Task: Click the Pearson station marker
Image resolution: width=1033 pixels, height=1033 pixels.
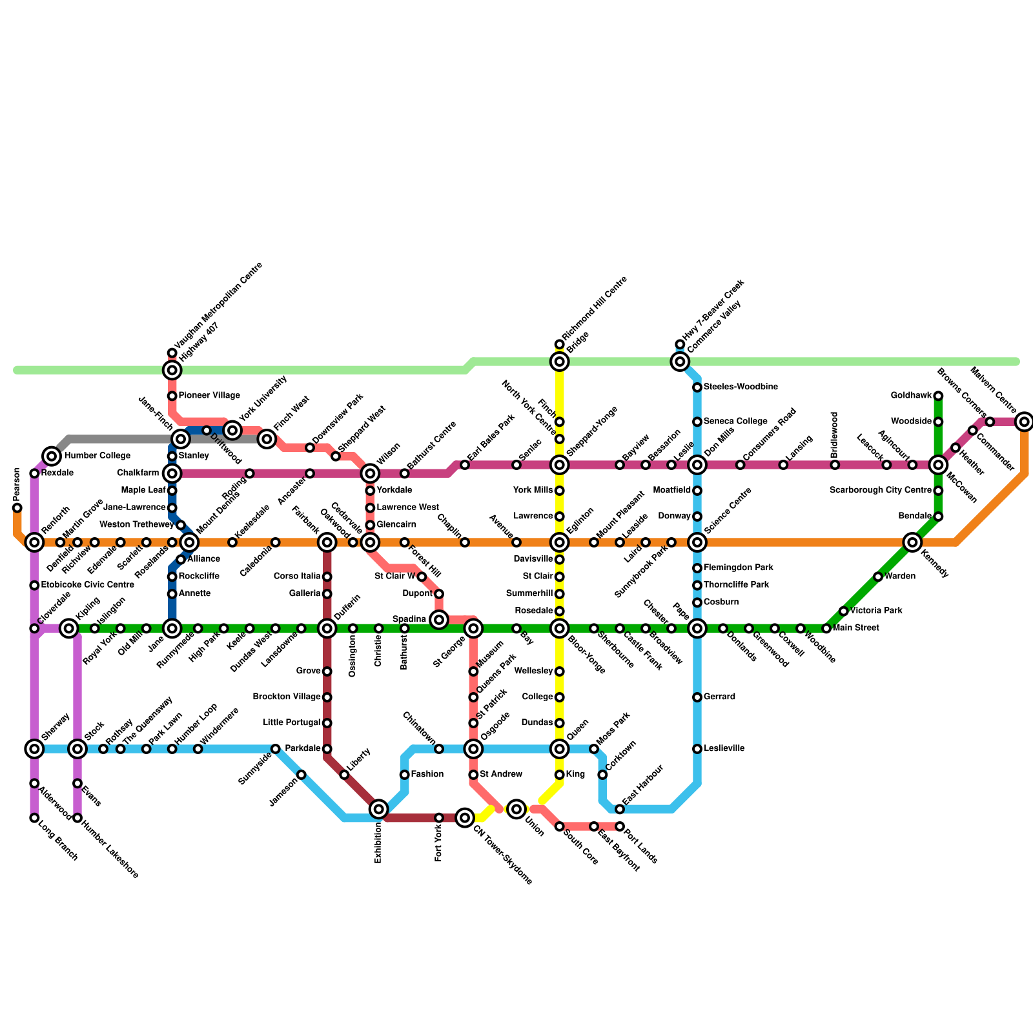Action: pyautogui.click(x=17, y=507)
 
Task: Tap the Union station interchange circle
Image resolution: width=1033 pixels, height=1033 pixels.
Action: pyautogui.click(x=516, y=808)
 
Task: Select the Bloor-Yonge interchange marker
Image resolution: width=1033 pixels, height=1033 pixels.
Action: pyautogui.click(x=560, y=628)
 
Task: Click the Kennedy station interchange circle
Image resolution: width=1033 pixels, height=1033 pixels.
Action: pyautogui.click(x=912, y=542)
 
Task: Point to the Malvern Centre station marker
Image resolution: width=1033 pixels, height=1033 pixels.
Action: pyautogui.click(x=1024, y=422)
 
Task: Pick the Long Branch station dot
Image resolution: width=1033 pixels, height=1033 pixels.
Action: pyautogui.click(x=34, y=818)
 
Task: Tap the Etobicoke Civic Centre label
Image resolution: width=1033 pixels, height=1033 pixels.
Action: pyautogui.click(x=87, y=585)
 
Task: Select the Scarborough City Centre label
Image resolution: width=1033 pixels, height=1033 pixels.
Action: pyautogui.click(x=880, y=491)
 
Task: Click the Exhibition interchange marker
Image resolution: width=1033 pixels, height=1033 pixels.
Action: pyautogui.click(x=379, y=808)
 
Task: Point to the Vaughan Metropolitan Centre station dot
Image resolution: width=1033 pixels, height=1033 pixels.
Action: pyautogui.click(x=172, y=353)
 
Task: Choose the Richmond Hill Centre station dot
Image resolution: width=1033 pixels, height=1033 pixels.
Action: pyautogui.click(x=560, y=344)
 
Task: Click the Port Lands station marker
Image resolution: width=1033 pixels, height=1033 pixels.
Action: pyautogui.click(x=620, y=826)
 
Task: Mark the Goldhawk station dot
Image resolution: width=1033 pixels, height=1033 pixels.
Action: pyautogui.click(x=938, y=396)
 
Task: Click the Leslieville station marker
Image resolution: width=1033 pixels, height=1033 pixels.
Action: pyautogui.click(x=697, y=749)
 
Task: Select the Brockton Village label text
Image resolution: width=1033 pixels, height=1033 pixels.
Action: pyautogui.click(x=287, y=697)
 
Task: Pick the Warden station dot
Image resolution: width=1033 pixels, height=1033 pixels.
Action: pyautogui.click(x=878, y=577)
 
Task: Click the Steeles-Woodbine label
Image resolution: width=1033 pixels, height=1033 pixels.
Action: pyautogui.click(x=741, y=387)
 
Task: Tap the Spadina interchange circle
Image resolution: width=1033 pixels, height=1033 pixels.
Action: pyautogui.click(x=439, y=620)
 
